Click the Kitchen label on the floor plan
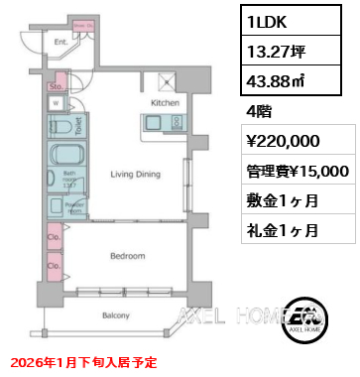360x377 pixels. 164,102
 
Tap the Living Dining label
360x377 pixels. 134,173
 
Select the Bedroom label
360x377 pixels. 128,255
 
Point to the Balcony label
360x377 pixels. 117,315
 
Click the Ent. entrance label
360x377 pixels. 60,43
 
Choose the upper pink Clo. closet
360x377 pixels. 53,239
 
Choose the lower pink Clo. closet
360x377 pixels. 53,267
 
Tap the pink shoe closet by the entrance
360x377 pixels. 82,26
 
